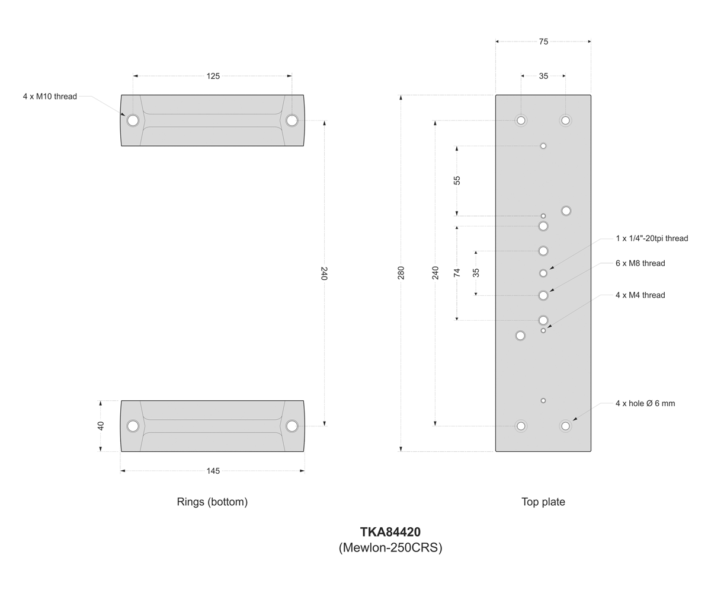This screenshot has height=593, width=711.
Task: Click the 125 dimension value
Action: (213, 76)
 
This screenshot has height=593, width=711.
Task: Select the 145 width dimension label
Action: (213, 471)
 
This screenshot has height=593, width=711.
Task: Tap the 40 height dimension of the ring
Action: (101, 426)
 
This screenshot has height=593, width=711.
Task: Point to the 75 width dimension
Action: (543, 42)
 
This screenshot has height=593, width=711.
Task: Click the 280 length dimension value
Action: (401, 273)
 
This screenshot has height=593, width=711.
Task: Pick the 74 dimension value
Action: (457, 273)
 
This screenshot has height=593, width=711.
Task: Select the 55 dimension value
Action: (457, 180)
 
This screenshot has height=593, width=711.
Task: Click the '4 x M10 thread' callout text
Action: (50, 97)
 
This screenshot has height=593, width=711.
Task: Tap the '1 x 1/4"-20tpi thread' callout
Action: (652, 238)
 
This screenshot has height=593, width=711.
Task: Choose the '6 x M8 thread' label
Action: (640, 263)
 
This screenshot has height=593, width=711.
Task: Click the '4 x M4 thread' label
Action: (640, 295)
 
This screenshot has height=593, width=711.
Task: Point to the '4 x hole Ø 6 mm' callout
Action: (645, 403)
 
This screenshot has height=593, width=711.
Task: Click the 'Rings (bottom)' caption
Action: (212, 502)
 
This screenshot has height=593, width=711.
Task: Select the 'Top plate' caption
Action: (543, 502)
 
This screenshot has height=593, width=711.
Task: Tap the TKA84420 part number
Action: (390, 532)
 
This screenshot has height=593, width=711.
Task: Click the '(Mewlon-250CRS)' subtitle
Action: (390, 547)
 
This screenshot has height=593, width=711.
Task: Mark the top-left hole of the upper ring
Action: (133, 120)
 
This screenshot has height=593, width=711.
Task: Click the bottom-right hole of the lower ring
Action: (292, 426)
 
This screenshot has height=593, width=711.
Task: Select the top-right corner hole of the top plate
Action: (565, 120)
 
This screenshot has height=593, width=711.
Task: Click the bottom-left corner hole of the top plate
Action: (521, 426)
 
